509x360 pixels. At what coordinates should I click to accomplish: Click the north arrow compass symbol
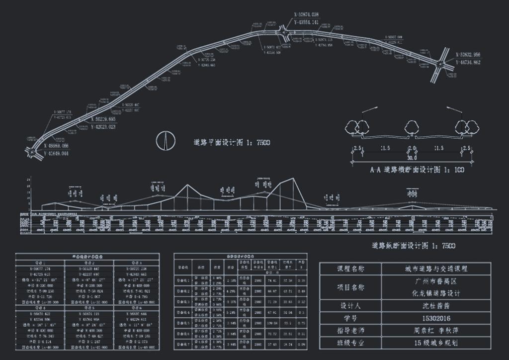click(x=166, y=141)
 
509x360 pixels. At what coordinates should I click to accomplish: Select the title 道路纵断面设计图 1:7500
click(x=414, y=246)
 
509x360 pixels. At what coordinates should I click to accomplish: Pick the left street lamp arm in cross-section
click(x=370, y=110)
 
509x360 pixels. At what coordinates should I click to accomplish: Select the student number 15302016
click(x=436, y=318)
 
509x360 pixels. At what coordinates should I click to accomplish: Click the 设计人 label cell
click(x=350, y=305)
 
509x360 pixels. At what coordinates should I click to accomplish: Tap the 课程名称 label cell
click(x=350, y=269)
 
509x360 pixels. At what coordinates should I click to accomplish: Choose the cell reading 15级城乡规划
click(x=436, y=342)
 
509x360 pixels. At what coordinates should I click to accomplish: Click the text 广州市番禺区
click(x=436, y=281)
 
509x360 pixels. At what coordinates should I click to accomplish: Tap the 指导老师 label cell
click(x=350, y=330)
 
